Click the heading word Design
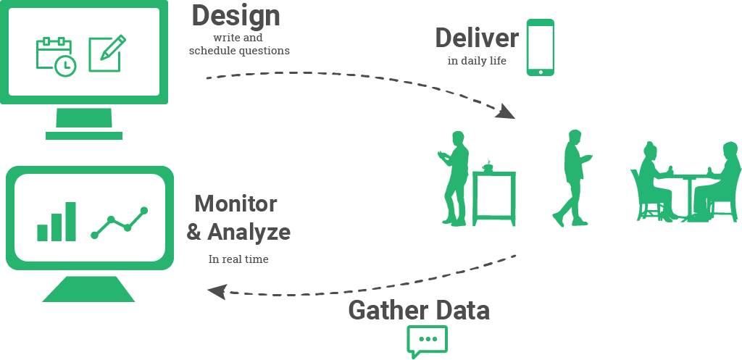pos(235,16)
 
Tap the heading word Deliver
pos(477,38)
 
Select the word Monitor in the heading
pos(235,204)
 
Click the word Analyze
pos(249,233)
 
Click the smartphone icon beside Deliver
pos(541,47)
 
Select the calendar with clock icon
pos(57,56)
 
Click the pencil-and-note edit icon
pos(107,54)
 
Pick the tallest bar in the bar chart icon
pos(70,222)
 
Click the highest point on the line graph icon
pos(144,211)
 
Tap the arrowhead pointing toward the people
pos(506,112)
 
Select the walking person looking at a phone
pos(573,178)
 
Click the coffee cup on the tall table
pos(488,167)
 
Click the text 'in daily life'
pos(477,61)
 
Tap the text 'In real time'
pos(238,259)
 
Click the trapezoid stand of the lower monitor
pos(88,289)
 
